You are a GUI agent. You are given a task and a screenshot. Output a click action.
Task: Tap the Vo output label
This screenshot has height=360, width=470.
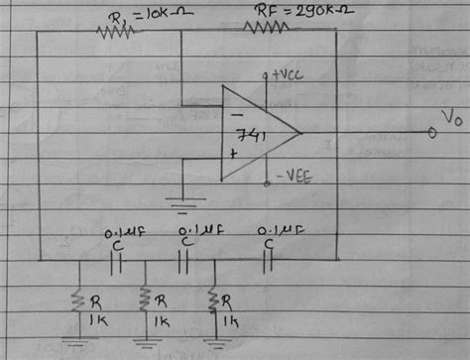click(x=451, y=118)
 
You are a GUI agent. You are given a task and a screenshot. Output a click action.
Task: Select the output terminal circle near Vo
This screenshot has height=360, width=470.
click(x=432, y=134)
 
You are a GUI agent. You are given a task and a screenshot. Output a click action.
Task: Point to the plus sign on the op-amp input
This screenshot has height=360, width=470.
click(x=232, y=156)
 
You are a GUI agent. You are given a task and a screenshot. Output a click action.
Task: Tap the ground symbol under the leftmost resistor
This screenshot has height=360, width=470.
click(x=75, y=342)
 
